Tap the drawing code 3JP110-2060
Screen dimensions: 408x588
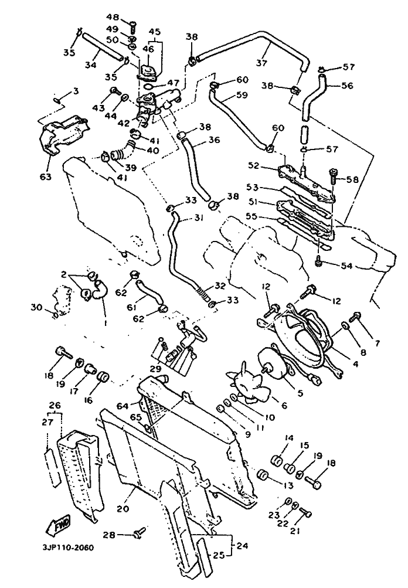click(x=66, y=548)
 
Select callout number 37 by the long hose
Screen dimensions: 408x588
click(x=261, y=63)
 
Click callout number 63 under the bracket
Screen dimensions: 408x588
click(x=46, y=176)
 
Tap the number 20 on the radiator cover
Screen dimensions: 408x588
click(x=123, y=508)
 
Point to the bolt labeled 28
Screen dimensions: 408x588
click(x=140, y=533)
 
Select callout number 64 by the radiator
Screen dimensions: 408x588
click(x=123, y=406)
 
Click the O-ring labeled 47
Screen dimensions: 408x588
click(x=148, y=87)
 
